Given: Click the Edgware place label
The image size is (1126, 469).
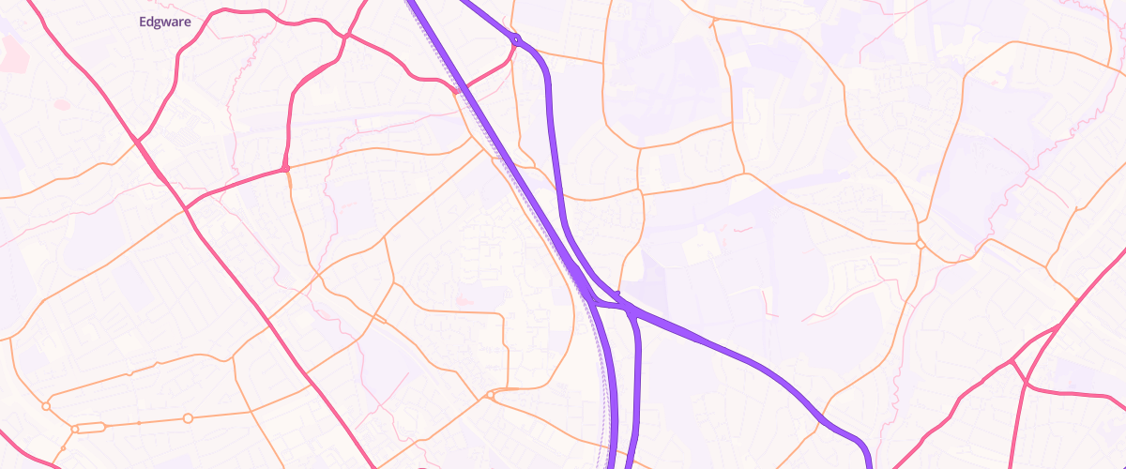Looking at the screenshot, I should (164, 22).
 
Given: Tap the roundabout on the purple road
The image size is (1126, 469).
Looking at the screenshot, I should (516, 39).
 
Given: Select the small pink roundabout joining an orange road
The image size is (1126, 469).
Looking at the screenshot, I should (284, 169).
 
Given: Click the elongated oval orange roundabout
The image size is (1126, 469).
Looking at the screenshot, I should (89, 428).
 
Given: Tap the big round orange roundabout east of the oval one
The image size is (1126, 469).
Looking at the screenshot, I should (188, 417).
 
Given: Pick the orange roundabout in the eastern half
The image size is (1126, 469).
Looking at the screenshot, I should (921, 244).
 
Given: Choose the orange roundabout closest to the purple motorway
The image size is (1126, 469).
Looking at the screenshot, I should (490, 396).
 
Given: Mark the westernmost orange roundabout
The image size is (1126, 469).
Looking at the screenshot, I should (45, 406).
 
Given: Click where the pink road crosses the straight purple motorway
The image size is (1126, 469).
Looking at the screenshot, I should (456, 92).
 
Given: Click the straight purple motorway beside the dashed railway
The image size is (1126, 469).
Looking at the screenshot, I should (525, 188).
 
